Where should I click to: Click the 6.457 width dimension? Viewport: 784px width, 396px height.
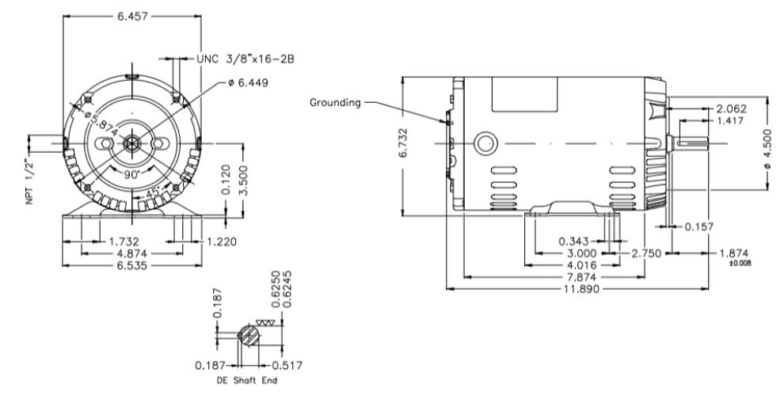132,16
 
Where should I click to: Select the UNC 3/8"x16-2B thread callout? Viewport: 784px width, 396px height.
245,59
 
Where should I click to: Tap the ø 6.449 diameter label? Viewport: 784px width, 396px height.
248,82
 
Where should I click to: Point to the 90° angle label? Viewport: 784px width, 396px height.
131,174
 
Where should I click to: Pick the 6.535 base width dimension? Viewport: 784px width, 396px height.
132,265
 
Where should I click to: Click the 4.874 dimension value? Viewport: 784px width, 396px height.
132,253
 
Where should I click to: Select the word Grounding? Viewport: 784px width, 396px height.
335,102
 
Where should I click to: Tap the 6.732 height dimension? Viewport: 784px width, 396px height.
403,143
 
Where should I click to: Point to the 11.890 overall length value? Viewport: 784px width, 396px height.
581,289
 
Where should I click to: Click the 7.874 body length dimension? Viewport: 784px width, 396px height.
581,277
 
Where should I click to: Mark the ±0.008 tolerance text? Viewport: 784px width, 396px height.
740,263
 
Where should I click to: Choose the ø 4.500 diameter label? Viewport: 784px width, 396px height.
767,149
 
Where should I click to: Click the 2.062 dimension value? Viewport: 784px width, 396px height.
731,109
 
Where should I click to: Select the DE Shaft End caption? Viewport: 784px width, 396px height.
247,380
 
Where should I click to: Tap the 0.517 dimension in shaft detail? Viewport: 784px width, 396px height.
287,365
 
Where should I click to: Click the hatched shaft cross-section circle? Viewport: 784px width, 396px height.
249,335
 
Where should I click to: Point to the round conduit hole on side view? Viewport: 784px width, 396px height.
485,143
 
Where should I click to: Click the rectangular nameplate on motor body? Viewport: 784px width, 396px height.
524,94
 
